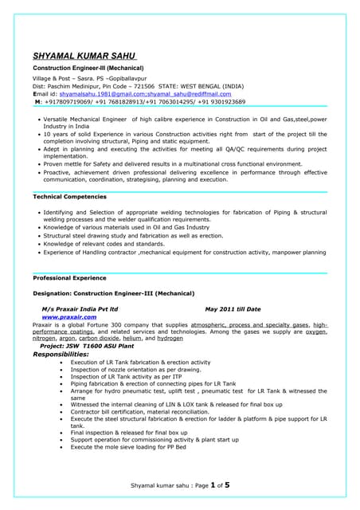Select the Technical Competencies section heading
click(x=70, y=196)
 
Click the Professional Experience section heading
click(x=69, y=278)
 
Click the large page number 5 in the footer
click(x=227, y=484)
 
